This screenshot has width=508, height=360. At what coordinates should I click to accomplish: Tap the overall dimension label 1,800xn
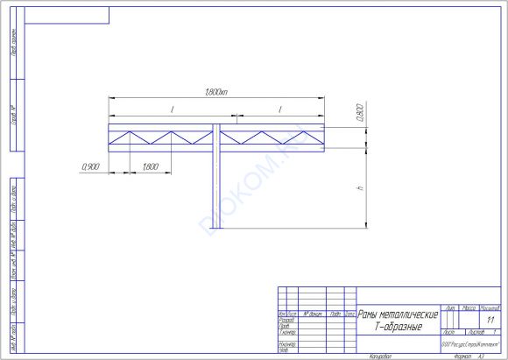pos(215,93)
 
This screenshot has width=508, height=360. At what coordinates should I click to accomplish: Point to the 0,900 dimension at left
pos(89,166)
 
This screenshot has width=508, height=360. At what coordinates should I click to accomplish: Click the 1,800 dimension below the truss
pos(149,166)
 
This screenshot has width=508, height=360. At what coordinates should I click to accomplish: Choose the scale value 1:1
pos(490,321)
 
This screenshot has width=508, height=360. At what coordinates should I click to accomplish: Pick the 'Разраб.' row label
pos(285,319)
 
